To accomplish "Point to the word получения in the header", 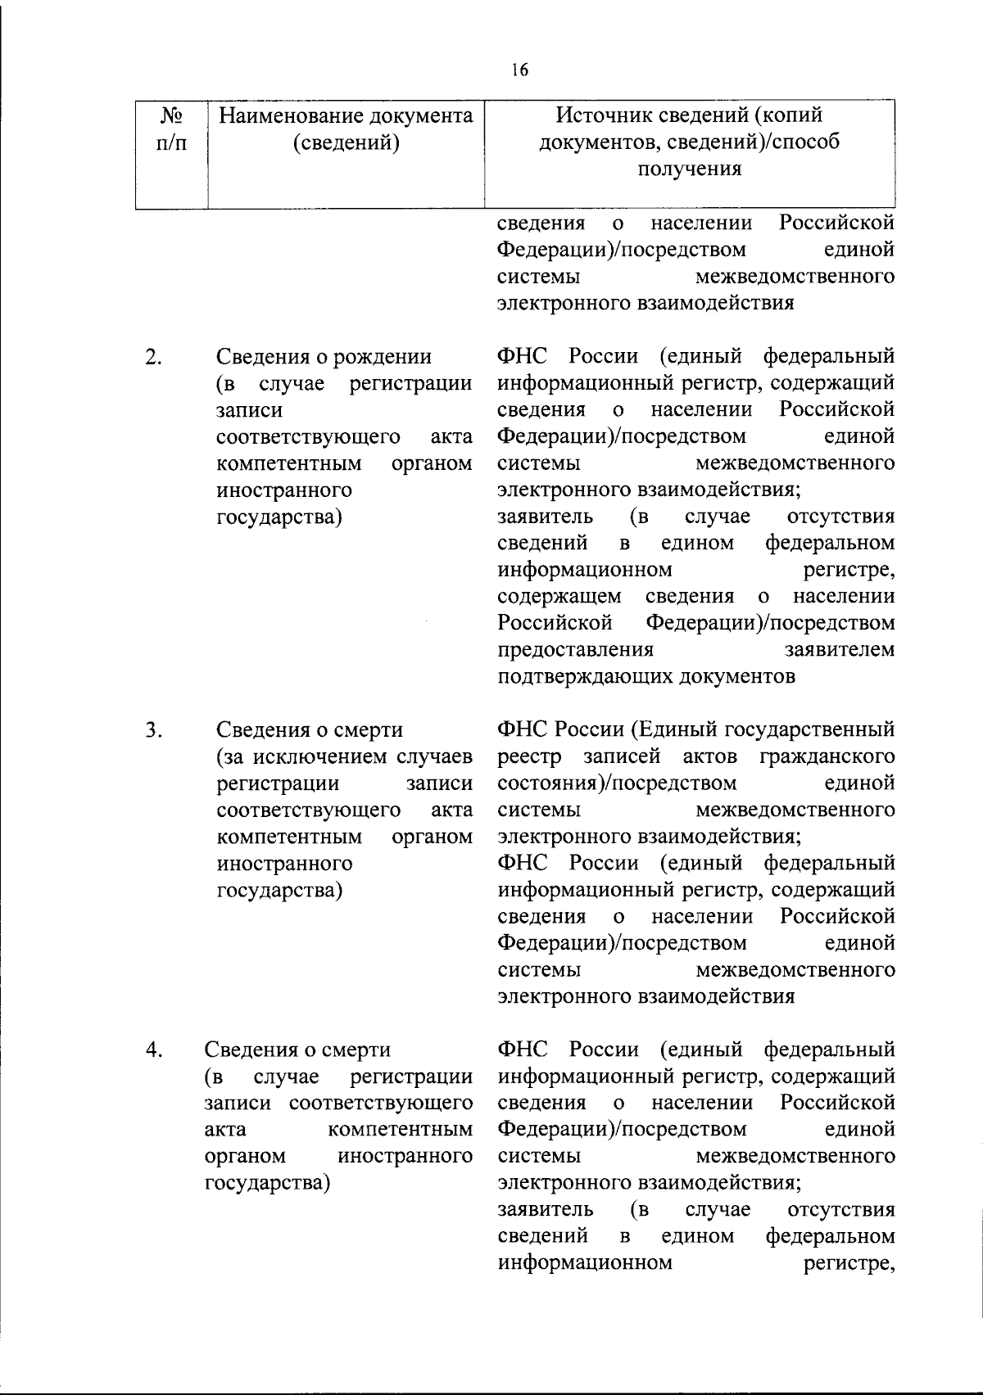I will tap(689, 169).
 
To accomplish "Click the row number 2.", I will tap(152, 357).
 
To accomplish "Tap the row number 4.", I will tap(152, 1050).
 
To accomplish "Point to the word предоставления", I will tap(576, 650).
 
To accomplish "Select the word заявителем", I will tap(840, 650).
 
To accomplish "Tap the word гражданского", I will tap(827, 756).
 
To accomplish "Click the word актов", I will tap(709, 756).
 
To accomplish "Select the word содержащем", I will tap(559, 597).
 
